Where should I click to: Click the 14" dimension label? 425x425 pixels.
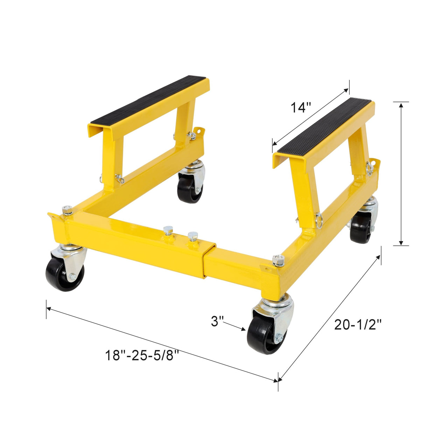300,107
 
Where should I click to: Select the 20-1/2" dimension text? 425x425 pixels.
357,325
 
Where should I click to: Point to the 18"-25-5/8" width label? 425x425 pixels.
142,356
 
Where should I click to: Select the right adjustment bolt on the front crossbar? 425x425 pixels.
191,236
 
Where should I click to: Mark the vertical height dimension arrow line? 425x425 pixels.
401,174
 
